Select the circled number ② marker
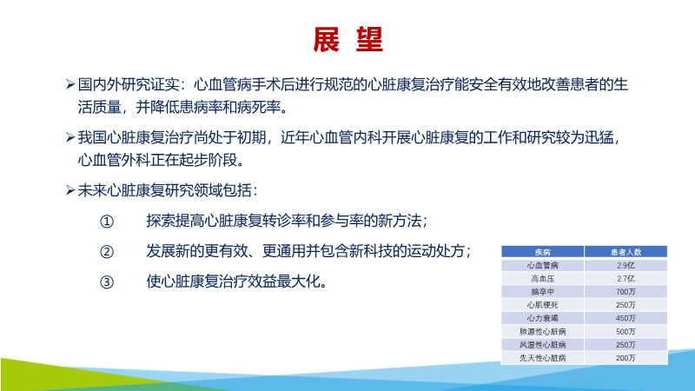pos(107,251)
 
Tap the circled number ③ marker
pos(107,282)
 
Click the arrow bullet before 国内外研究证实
pos(70,85)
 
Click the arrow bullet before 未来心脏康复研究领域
pos(70,189)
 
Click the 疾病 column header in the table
pos(542,252)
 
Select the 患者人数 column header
pos(625,252)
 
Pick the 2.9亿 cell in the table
pos(625,265)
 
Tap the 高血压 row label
pos(542,278)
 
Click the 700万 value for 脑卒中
pos(625,292)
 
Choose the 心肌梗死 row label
pos(542,305)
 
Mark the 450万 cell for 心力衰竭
pos(625,318)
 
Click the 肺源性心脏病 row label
pos(542,331)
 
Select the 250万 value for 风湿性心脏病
pos(625,344)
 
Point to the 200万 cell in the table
pos(625,357)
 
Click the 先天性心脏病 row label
pos(542,357)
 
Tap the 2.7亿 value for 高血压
pos(625,278)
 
